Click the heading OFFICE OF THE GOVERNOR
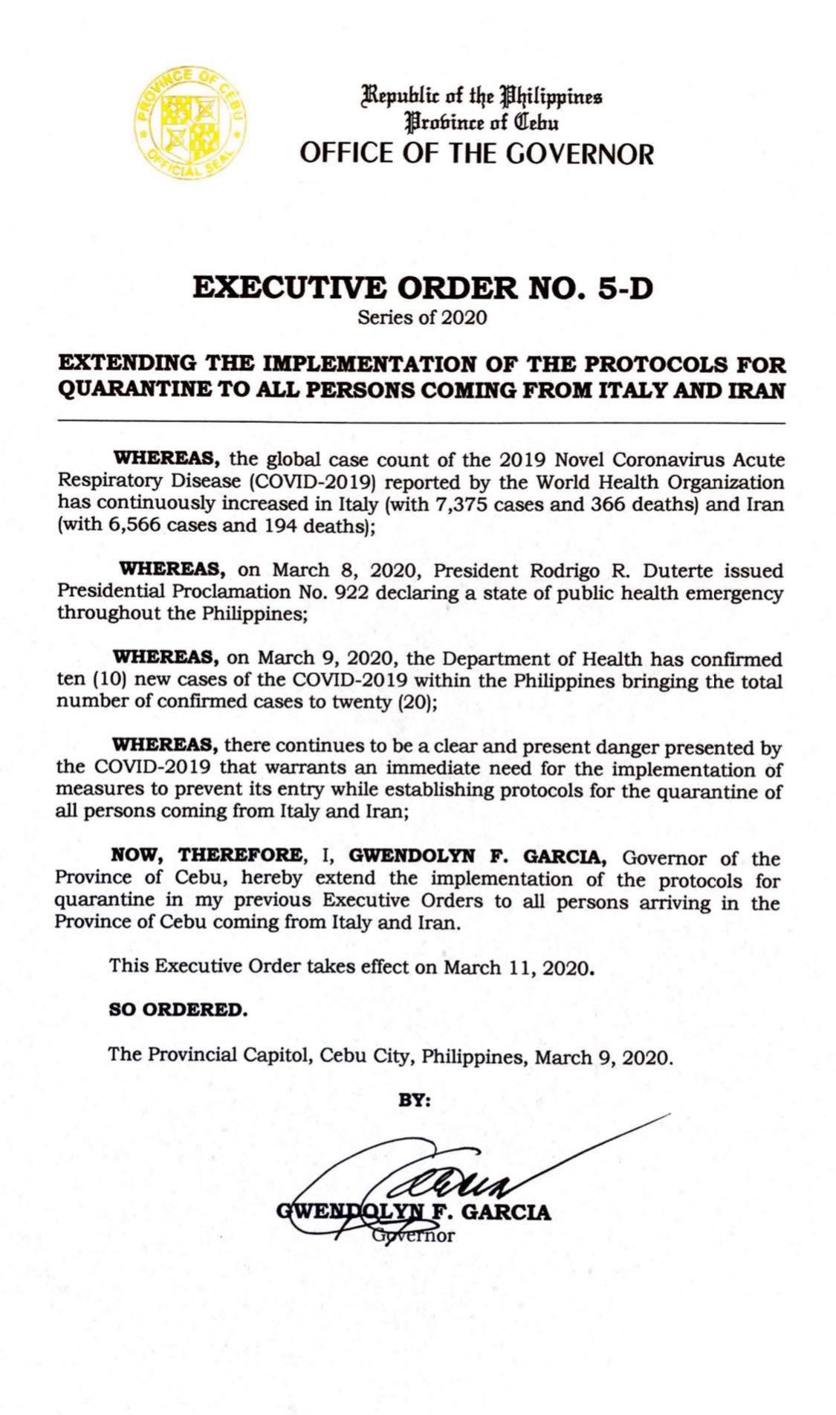[x=476, y=154]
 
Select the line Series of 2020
[x=422, y=318]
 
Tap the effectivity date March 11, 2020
[x=519, y=968]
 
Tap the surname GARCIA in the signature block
[x=508, y=1213]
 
